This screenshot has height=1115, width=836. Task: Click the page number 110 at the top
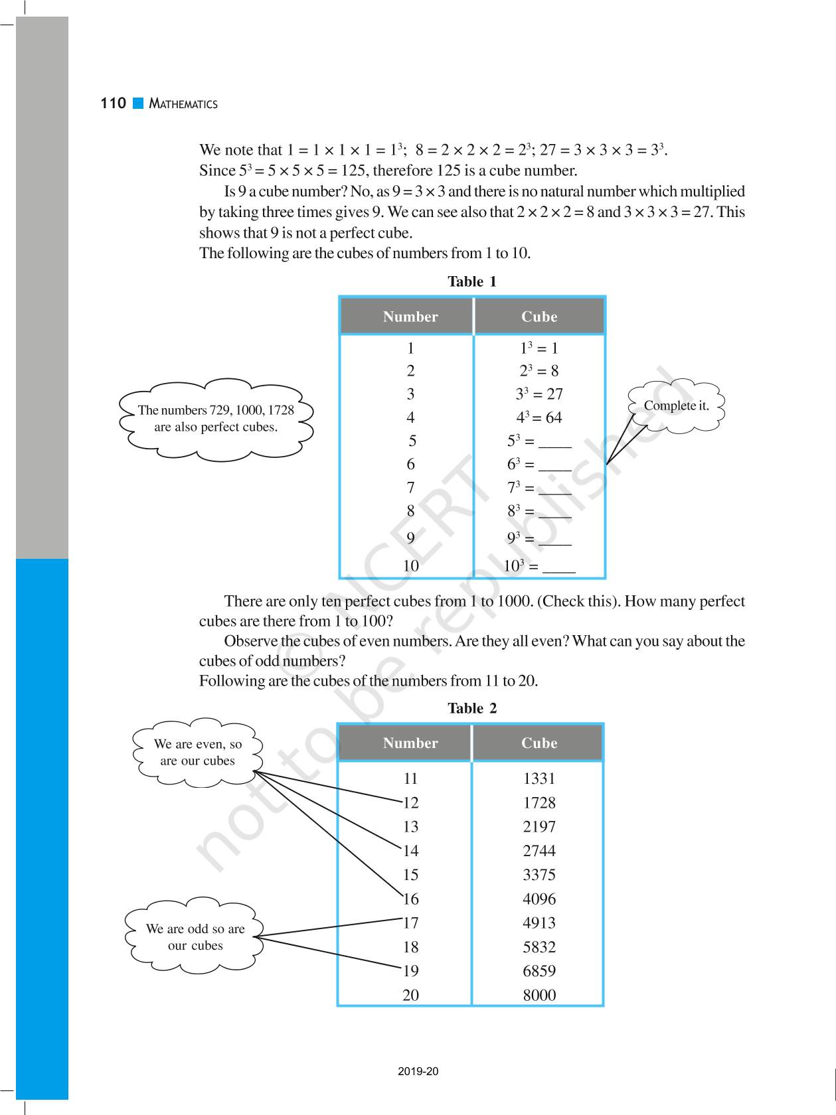(113, 103)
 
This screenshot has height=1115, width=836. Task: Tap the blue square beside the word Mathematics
(138, 103)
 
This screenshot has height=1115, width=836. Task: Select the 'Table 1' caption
(471, 281)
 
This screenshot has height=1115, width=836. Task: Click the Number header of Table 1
(410, 317)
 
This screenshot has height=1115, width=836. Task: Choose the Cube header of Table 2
(539, 743)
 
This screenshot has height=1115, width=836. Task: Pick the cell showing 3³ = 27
(539, 394)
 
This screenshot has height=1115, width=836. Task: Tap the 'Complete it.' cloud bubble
(676, 406)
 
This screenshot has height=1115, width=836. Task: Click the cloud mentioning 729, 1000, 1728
(216, 419)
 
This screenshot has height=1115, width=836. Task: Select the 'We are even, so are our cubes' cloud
(198, 752)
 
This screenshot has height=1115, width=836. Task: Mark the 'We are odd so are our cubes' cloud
(195, 936)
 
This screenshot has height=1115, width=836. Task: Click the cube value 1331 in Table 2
(539, 779)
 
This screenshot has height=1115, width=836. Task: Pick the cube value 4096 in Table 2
(539, 899)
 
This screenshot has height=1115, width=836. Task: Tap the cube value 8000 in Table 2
(539, 995)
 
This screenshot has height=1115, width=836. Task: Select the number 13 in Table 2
(410, 827)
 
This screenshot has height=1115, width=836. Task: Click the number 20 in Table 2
(410, 995)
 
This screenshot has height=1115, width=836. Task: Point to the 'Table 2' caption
(471, 708)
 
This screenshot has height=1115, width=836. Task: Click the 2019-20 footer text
(418, 1071)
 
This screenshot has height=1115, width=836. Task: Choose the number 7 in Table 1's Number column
(410, 488)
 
